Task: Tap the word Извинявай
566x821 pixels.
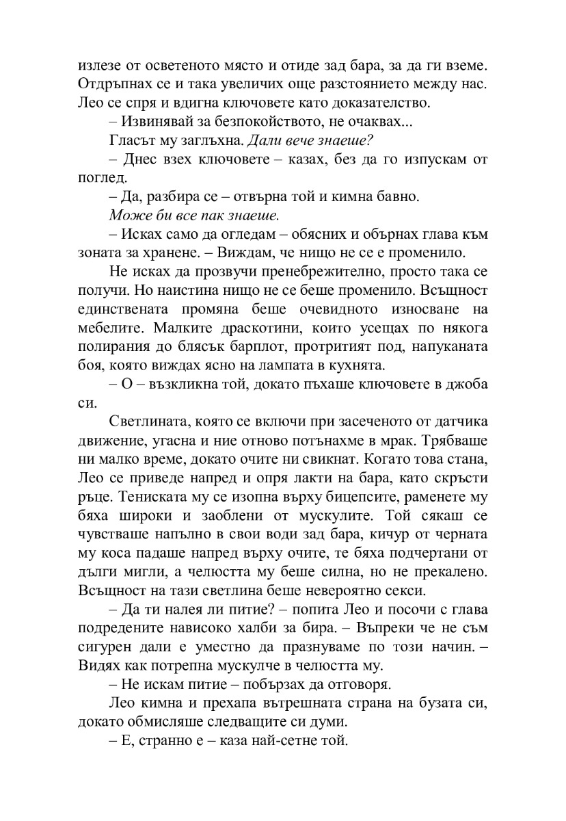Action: [x=155, y=123]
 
